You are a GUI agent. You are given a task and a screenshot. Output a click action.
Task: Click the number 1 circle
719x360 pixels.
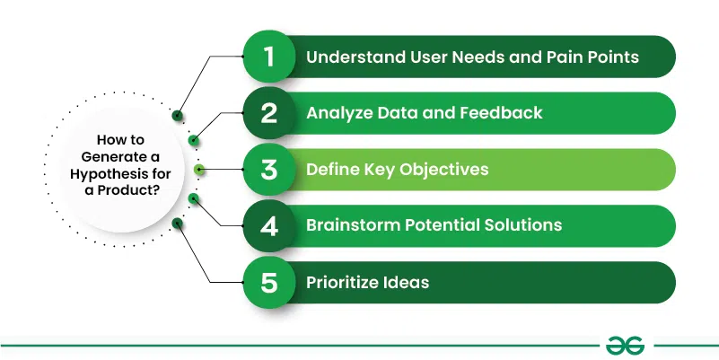(x=269, y=57)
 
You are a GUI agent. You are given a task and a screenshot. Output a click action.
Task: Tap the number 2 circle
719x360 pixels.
(x=269, y=113)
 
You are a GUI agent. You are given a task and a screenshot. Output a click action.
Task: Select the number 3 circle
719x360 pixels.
(x=269, y=169)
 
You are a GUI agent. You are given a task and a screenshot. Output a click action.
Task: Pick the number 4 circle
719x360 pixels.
(x=269, y=225)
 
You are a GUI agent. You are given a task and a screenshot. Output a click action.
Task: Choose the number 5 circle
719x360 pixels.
(x=269, y=282)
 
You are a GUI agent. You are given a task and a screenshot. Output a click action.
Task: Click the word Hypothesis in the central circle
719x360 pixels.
(x=114, y=174)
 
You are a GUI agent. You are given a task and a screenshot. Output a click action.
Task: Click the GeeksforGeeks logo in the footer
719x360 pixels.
(x=625, y=346)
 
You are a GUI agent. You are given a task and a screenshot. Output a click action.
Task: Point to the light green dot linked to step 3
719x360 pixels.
(x=199, y=169)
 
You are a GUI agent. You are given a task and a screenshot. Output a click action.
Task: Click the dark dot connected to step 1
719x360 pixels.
(x=178, y=115)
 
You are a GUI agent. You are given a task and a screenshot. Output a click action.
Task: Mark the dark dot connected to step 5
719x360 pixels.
(x=178, y=224)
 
